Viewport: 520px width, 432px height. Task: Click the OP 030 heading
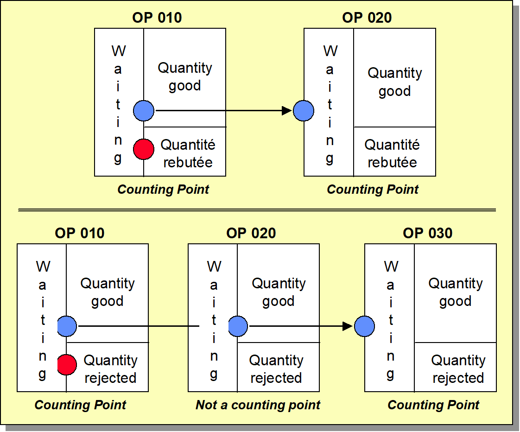(427, 233)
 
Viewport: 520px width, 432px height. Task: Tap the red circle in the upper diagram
(144, 149)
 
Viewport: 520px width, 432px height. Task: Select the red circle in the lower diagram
(67, 365)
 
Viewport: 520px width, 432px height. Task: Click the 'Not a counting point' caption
(258, 405)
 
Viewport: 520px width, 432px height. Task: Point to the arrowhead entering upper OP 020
(287, 110)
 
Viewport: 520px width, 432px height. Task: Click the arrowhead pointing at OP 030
(348, 326)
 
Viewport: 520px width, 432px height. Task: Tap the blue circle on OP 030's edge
(364, 326)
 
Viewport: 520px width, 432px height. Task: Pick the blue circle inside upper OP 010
(144, 111)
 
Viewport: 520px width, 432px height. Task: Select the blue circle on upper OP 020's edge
(304, 111)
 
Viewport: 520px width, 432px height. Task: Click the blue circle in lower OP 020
(238, 326)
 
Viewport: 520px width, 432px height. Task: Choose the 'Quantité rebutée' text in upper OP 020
(392, 153)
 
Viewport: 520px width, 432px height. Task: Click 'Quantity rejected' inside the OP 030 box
(458, 369)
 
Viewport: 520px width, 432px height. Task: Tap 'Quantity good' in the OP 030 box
(456, 292)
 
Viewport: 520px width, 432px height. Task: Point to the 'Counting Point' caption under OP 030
(433, 405)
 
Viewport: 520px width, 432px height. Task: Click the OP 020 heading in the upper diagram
(367, 18)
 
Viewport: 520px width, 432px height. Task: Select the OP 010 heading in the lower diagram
(80, 233)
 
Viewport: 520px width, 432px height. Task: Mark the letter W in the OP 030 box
(391, 267)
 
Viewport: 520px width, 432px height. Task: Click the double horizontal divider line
(257, 210)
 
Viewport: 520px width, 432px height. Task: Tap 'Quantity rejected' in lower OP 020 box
(276, 369)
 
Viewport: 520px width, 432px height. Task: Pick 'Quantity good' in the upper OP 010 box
(185, 76)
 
